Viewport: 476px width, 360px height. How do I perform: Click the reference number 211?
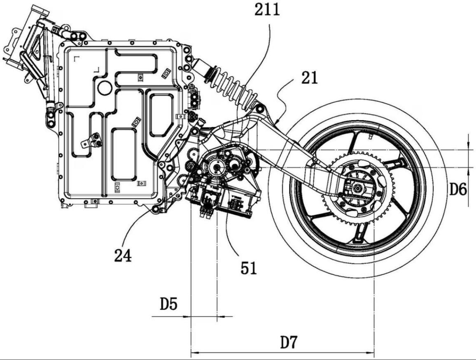point(266,9)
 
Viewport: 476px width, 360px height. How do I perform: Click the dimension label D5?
point(169,305)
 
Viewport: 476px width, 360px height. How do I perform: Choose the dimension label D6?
point(458,190)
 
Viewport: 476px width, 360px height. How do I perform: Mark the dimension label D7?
point(289,342)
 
